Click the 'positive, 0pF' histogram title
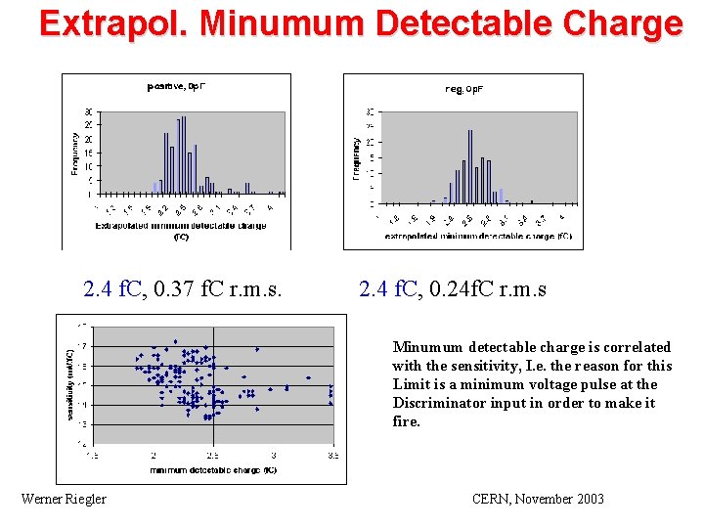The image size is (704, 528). (176, 86)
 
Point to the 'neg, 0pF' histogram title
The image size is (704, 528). (464, 89)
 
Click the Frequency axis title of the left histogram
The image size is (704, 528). (75, 154)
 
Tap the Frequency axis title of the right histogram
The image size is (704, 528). (355, 155)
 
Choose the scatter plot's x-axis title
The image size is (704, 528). (213, 470)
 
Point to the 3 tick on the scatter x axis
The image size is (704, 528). (274, 456)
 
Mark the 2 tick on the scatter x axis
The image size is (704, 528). (154, 456)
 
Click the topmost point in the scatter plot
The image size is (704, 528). (175, 341)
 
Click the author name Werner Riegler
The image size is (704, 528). (64, 500)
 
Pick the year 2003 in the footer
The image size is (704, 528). (588, 500)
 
